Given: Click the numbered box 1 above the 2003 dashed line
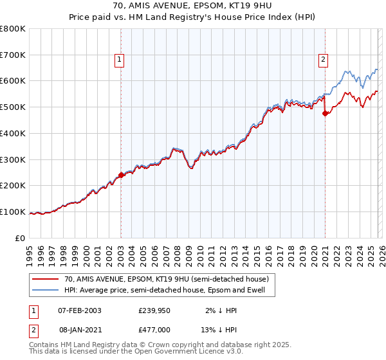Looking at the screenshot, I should click(x=120, y=60).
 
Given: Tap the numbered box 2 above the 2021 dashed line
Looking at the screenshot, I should click(x=324, y=60).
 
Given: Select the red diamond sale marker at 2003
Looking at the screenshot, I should click(x=121, y=174).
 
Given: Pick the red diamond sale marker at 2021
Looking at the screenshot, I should click(x=325, y=113).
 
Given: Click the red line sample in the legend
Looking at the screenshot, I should click(x=46, y=279).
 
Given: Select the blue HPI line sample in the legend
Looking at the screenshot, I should click(x=46, y=290).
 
